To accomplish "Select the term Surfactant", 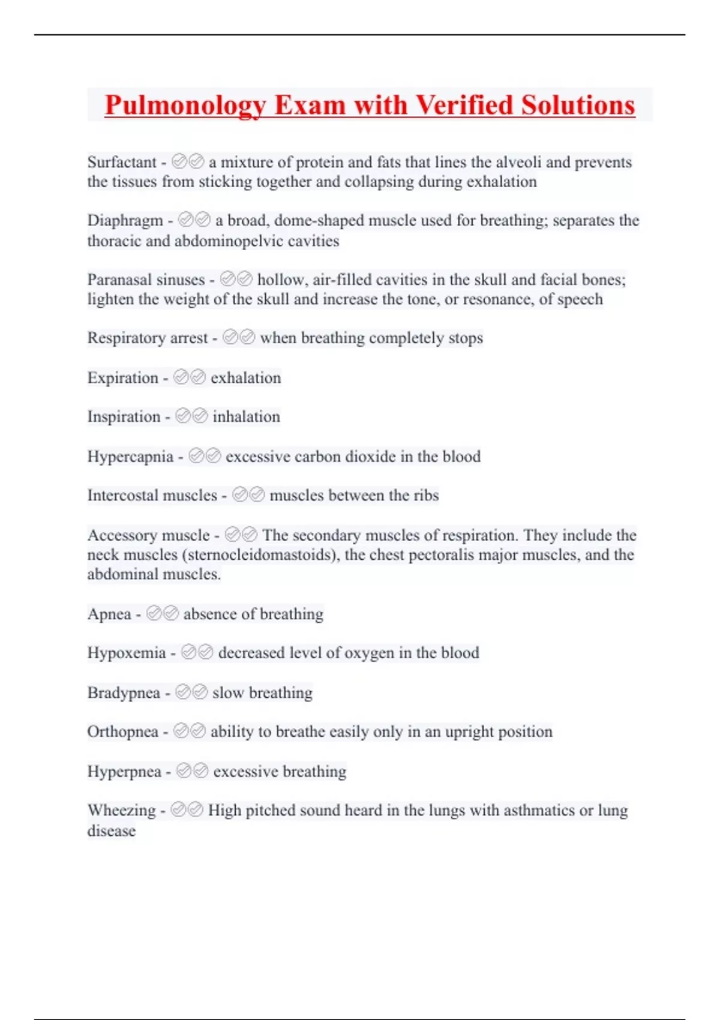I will [x=122, y=162].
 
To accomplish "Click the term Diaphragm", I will [x=125, y=220].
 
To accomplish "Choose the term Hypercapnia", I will [x=130, y=457].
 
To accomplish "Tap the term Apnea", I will [x=109, y=614].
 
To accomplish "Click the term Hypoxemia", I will [x=127, y=653].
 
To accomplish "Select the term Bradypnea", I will [x=124, y=693].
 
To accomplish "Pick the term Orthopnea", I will [x=123, y=732].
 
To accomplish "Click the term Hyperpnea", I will [x=124, y=772].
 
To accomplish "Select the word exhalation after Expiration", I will [x=245, y=378].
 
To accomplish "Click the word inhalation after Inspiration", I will [x=246, y=417].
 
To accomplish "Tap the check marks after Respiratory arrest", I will [x=239, y=338].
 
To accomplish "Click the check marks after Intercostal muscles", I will [x=248, y=495].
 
